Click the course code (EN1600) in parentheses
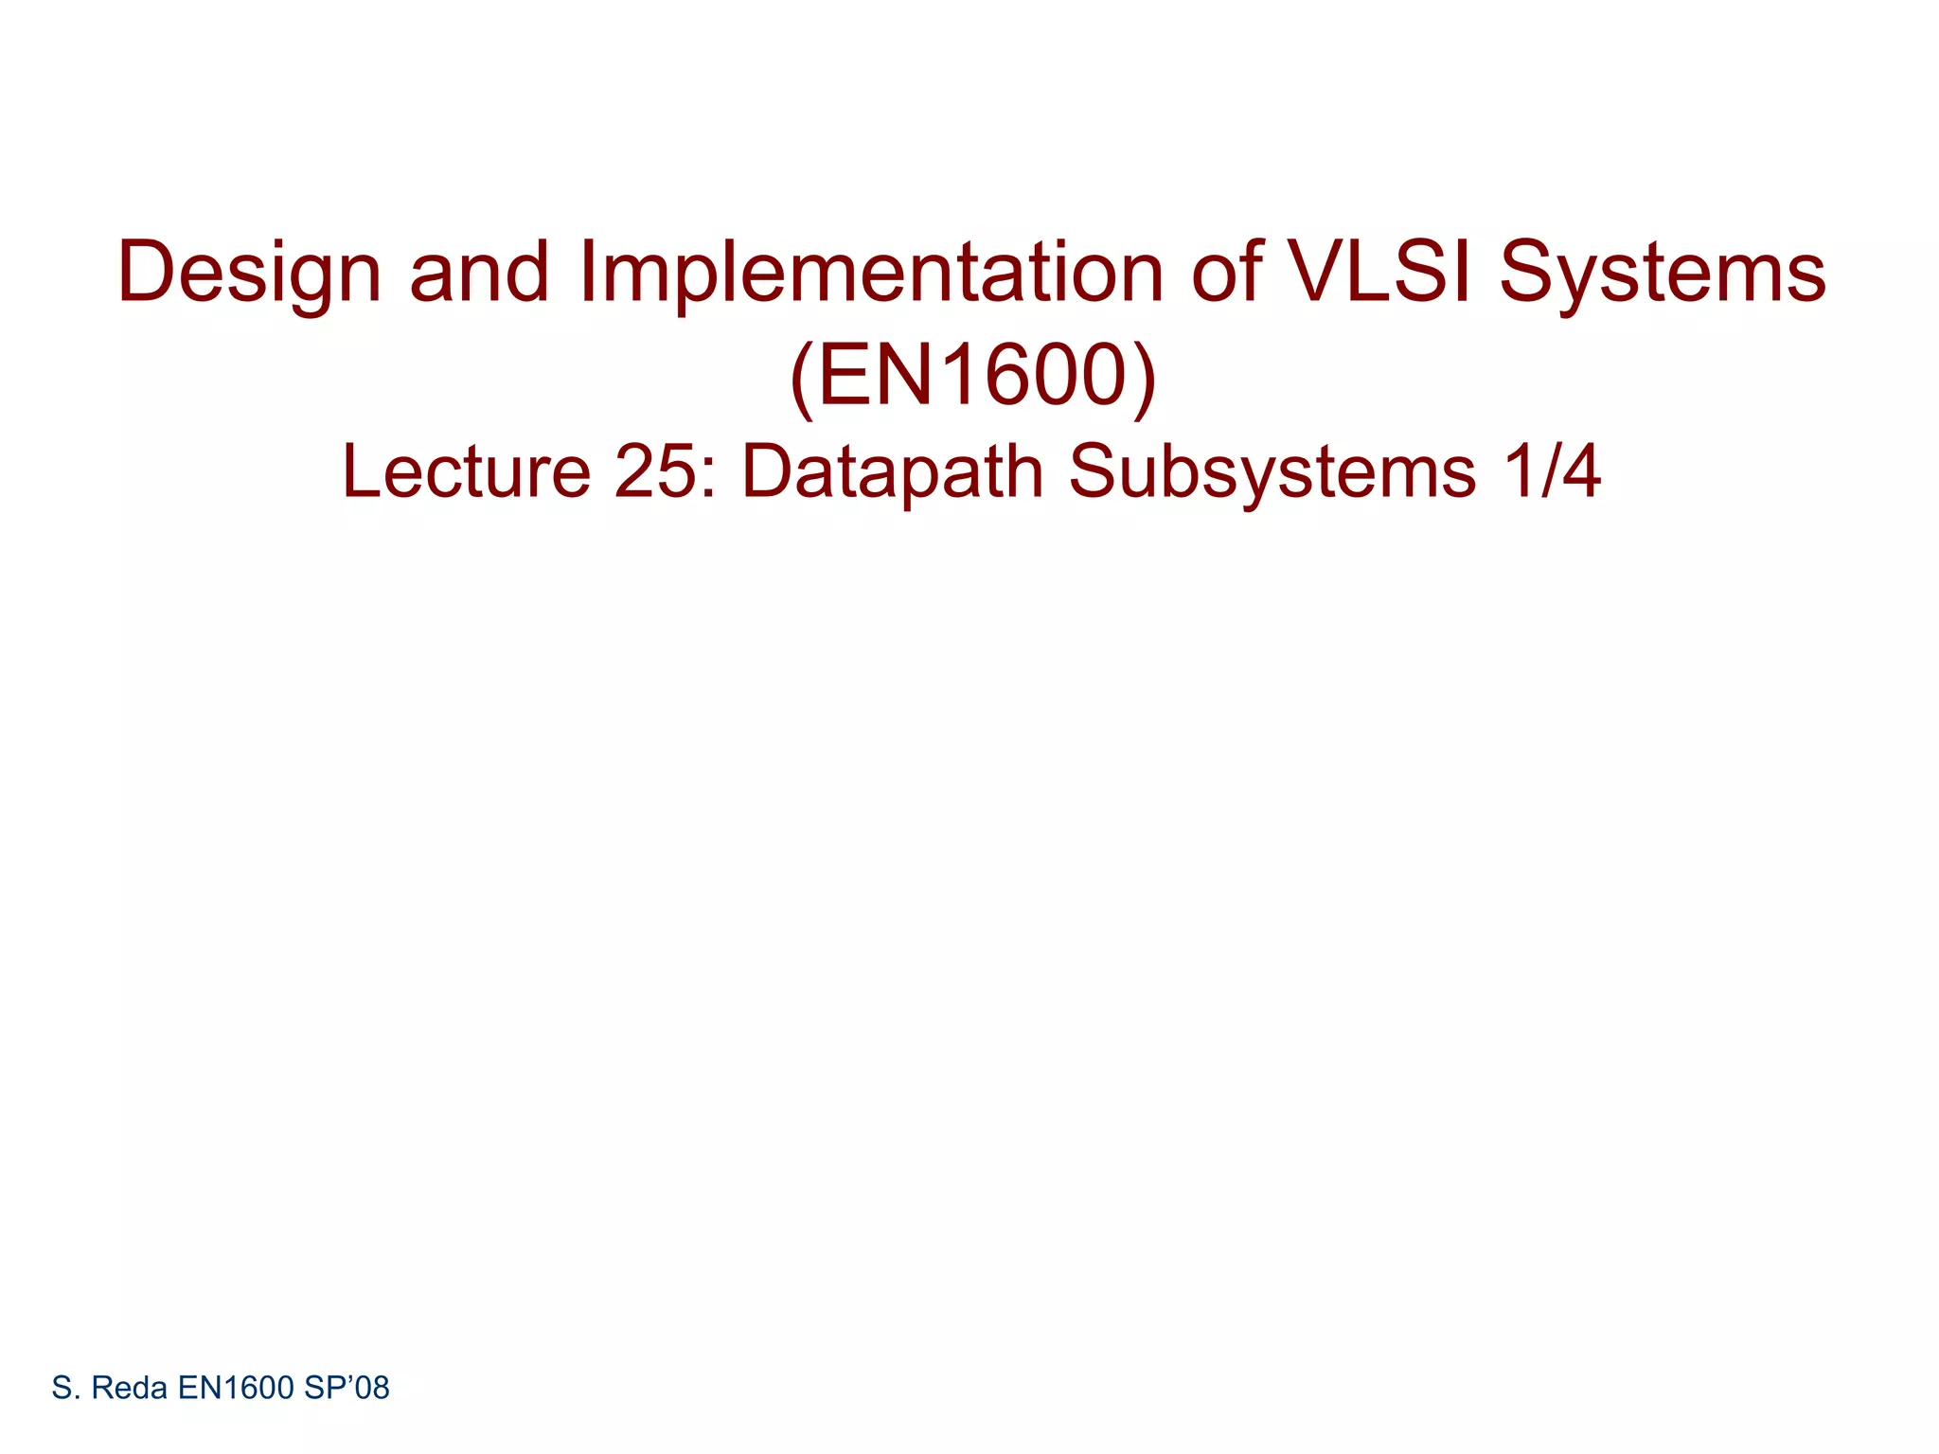coord(973,377)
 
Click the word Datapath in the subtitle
coord(892,471)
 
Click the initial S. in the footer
coord(65,1389)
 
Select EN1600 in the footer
coord(236,1389)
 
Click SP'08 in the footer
coord(347,1389)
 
